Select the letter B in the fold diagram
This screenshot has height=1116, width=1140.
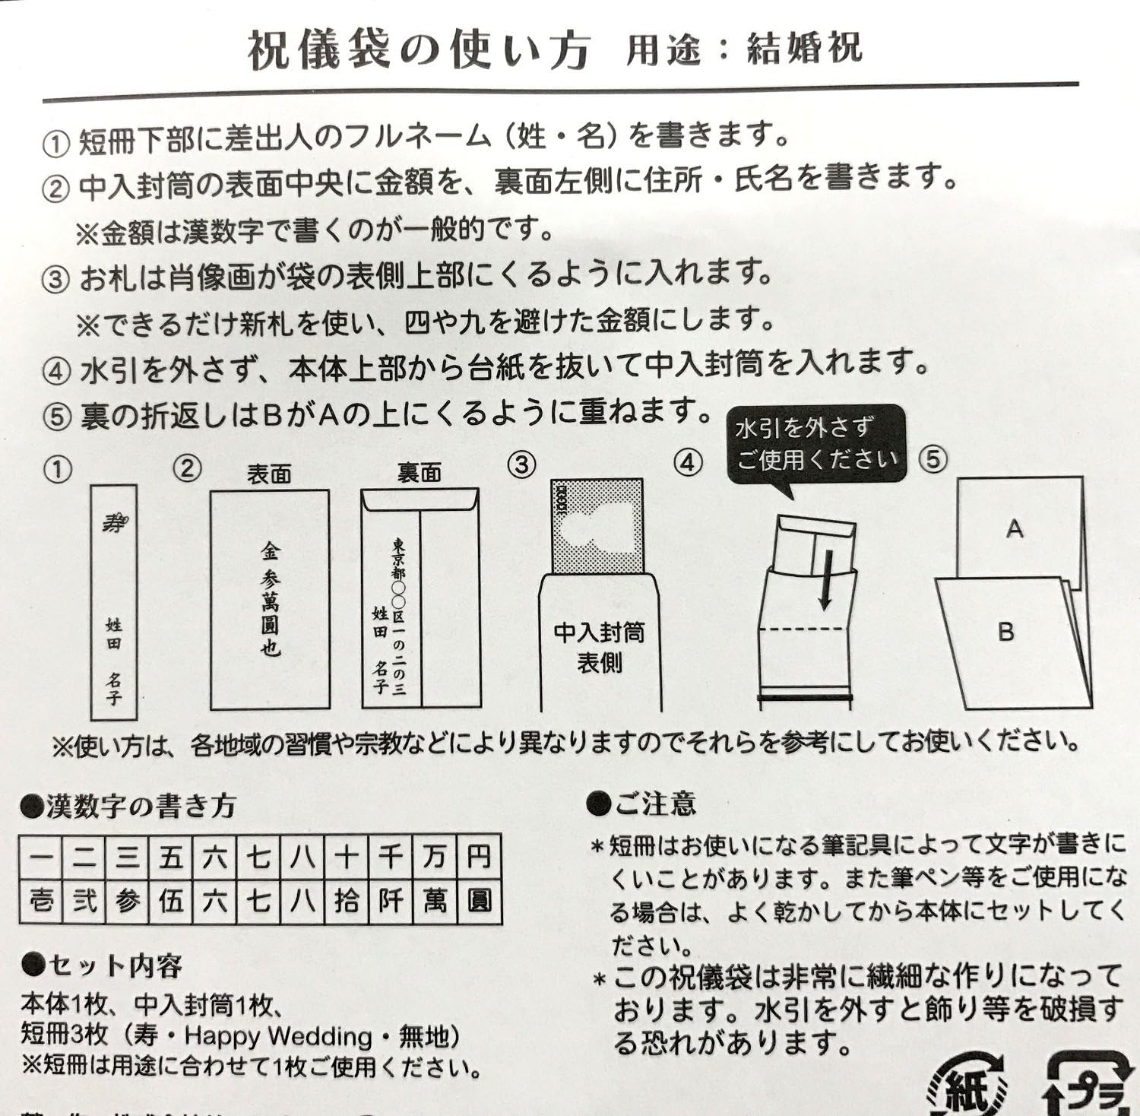coord(1005,631)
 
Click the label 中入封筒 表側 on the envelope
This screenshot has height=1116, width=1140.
coord(599,647)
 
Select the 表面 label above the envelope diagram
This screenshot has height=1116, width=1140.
coord(269,474)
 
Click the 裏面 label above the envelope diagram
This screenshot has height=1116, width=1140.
coord(419,473)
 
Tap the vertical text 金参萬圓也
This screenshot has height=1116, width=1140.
coord(271,599)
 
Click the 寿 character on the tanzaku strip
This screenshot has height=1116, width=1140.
coord(115,522)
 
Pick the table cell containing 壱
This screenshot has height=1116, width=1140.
coord(41,902)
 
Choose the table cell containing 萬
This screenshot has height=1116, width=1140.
coord(435,902)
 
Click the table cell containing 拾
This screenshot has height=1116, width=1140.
coord(347,902)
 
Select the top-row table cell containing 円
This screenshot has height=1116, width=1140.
coord(479,858)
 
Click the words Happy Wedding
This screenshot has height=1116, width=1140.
coord(277,1035)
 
